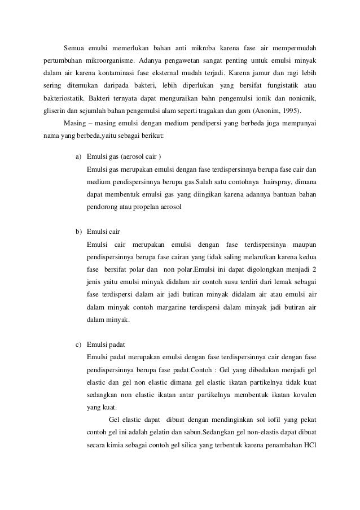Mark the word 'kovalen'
pos(302,394)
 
